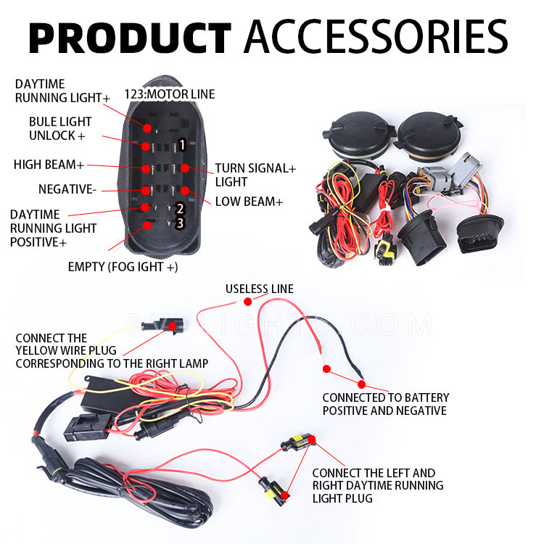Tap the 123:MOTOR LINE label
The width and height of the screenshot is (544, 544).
pyautogui.click(x=170, y=94)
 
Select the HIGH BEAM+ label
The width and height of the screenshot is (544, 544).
pyautogui.click(x=49, y=165)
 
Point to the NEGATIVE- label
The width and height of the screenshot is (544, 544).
pyautogui.click(x=67, y=189)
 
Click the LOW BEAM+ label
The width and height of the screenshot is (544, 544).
pyautogui.click(x=249, y=201)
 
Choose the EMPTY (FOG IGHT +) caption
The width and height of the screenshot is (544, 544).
pyautogui.click(x=123, y=266)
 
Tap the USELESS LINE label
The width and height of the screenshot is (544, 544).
pyautogui.click(x=260, y=289)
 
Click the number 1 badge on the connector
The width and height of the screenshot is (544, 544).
pyautogui.click(x=182, y=145)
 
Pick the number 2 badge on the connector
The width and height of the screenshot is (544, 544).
pyautogui.click(x=179, y=209)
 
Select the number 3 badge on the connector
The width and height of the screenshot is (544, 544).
pyautogui.click(x=179, y=223)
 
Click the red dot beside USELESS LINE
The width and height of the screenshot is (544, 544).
pyautogui.click(x=248, y=300)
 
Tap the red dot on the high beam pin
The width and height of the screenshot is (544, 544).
pyautogui.click(x=147, y=169)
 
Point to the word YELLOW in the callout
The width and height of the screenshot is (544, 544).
pyautogui.click(x=37, y=350)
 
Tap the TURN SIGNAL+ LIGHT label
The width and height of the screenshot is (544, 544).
pyautogui.click(x=255, y=175)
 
